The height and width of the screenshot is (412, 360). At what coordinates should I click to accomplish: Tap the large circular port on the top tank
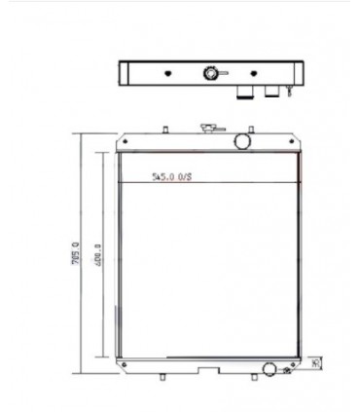coord(239,142)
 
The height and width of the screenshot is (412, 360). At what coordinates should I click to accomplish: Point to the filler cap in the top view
coord(209,74)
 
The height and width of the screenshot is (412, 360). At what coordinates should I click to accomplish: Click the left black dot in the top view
coord(167,74)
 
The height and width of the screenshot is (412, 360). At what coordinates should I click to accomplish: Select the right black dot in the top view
coord(253,74)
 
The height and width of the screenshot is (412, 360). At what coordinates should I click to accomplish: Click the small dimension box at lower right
coord(316,363)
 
